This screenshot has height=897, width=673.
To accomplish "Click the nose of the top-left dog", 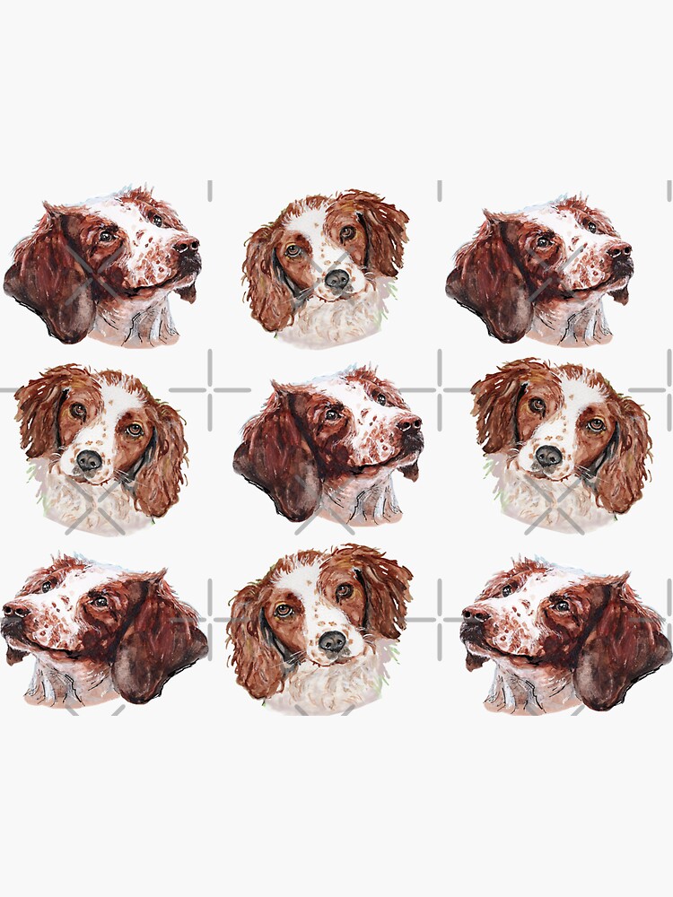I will coord(188,245).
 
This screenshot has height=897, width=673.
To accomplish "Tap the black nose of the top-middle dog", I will coord(336,279).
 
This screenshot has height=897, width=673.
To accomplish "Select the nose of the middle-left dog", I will coord(88,460).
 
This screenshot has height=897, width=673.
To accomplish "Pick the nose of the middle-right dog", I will coord(548,456).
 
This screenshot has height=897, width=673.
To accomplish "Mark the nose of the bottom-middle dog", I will coord(333,640).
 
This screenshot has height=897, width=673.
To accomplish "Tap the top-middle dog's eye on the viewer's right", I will coord(347,232).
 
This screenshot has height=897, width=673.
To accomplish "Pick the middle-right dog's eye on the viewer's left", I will coord(537,405).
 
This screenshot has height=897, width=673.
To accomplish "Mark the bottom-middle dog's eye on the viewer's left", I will coord(283,610).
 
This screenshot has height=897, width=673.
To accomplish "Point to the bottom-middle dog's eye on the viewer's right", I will coord(344,591).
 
